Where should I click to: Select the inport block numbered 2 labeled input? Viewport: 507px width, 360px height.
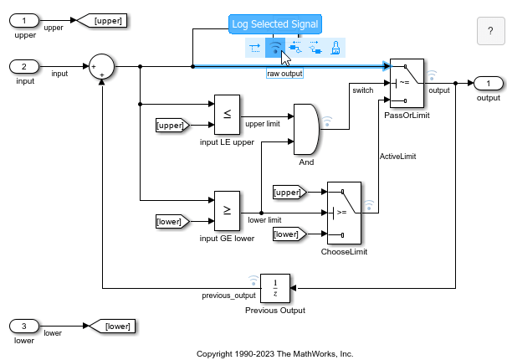pyautogui.click(x=24, y=66)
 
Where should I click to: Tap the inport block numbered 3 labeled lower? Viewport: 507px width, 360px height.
pyautogui.click(x=24, y=325)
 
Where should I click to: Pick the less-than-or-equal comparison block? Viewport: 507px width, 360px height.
pyautogui.click(x=227, y=114)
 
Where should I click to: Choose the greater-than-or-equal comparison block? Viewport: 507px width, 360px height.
pyautogui.click(x=227, y=211)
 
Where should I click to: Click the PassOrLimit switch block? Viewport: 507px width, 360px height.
pyautogui.click(x=407, y=83)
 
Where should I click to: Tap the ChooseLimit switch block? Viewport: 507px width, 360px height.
pyautogui.click(x=344, y=213)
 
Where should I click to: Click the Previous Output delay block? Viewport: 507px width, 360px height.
pyautogui.click(x=275, y=288)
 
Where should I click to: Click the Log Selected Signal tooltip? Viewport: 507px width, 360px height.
pyautogui.click(x=274, y=23)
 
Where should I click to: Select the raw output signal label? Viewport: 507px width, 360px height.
pyautogui.click(x=284, y=74)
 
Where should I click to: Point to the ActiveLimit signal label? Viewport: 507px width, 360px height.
pyautogui.click(x=398, y=156)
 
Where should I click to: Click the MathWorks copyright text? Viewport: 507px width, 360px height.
pyautogui.click(x=274, y=353)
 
